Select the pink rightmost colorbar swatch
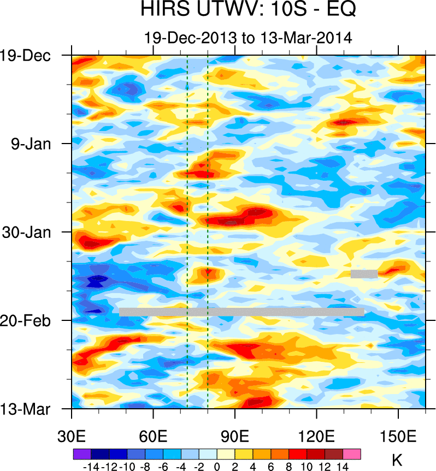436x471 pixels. pyautogui.click(x=352, y=454)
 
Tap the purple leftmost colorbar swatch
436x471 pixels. pyautogui.click(x=82, y=454)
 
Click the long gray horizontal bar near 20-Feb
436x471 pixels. pyautogui.click(x=241, y=312)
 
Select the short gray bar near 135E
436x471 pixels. pyautogui.click(x=364, y=273)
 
